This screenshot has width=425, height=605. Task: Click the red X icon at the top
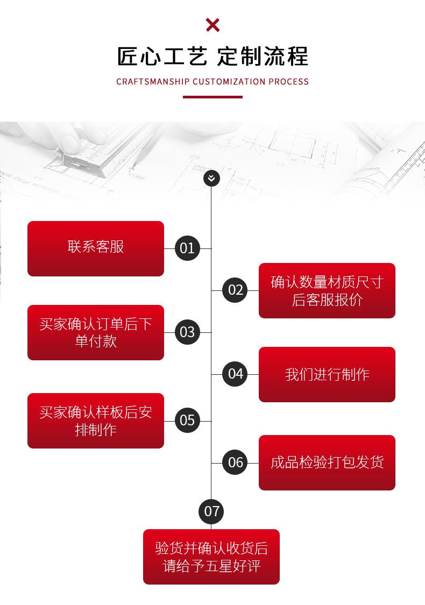point(212,25)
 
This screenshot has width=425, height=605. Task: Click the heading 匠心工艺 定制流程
point(212,56)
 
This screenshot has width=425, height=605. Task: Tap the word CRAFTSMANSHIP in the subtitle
point(153,82)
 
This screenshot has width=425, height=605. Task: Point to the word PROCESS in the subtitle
point(288,82)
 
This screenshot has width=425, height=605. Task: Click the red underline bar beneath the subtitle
point(212,97)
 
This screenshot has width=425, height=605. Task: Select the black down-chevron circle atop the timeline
point(212,178)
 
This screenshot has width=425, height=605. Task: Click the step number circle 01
point(187,248)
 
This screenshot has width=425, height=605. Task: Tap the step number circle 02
point(236,290)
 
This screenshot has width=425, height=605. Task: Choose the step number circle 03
point(187,332)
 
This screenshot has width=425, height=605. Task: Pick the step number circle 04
point(236,374)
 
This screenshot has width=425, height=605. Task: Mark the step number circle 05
point(187,420)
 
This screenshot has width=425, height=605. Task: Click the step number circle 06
point(236,462)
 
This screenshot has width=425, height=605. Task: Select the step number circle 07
point(211,511)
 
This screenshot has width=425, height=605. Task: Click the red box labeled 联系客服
point(96,248)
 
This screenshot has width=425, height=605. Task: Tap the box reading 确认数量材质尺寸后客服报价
point(327,290)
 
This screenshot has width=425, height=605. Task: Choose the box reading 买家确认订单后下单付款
point(96,332)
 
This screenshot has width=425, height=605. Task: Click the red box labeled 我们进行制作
point(327,374)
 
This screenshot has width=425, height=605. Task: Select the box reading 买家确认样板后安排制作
point(96,421)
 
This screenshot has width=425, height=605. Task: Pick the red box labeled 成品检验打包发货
point(327,462)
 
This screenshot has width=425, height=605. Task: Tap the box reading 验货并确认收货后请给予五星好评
point(211,557)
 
